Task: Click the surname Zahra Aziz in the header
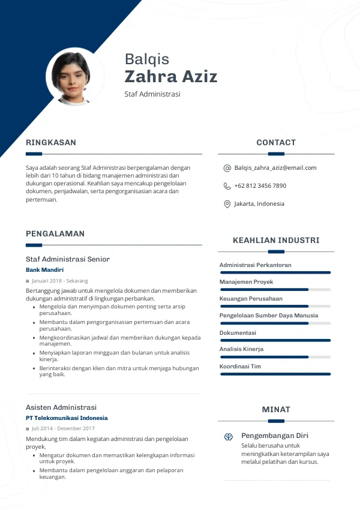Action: (x=171, y=77)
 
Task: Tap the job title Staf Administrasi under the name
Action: (x=152, y=94)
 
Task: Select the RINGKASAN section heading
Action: (x=51, y=143)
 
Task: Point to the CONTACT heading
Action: (x=276, y=143)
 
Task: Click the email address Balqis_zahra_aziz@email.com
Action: (x=275, y=168)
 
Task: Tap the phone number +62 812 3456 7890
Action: (x=260, y=186)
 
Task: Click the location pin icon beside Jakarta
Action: (x=227, y=204)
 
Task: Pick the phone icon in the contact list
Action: (x=227, y=186)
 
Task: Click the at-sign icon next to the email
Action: (x=227, y=168)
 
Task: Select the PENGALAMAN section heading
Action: (x=55, y=234)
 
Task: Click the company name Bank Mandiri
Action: (x=44, y=270)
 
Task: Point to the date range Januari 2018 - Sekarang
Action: (x=60, y=281)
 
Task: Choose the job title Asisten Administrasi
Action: (x=61, y=407)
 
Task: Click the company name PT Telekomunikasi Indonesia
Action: (x=67, y=418)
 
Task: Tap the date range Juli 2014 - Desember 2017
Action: (x=63, y=428)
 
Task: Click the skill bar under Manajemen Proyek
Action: (x=275, y=289)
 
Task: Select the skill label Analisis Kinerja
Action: (x=241, y=349)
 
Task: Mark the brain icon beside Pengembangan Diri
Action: (x=229, y=437)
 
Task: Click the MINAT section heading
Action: (x=276, y=410)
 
